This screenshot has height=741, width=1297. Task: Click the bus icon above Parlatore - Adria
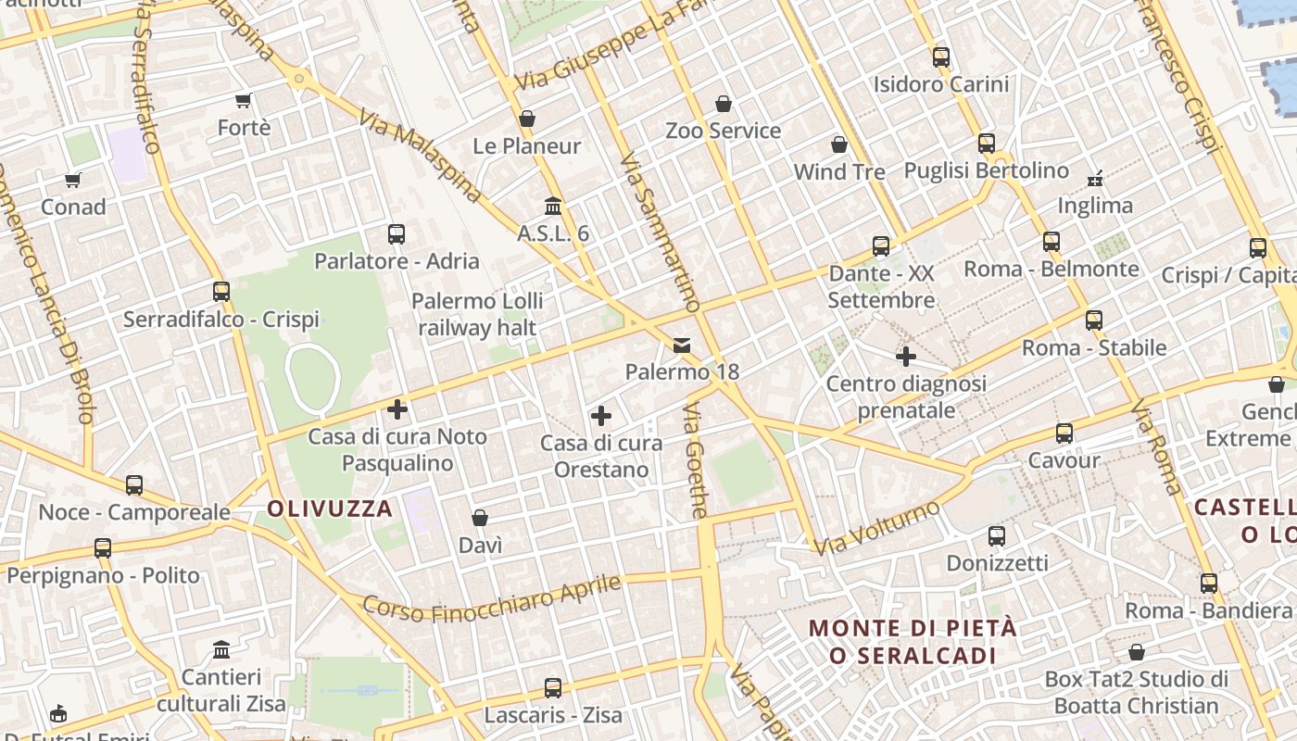(397, 233)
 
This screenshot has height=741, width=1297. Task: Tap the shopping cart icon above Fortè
(244, 100)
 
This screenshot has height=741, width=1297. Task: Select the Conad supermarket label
(73, 207)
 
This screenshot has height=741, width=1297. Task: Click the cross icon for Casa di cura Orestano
(601, 416)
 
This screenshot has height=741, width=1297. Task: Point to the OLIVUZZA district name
(330, 509)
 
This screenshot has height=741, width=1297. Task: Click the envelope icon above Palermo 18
(682, 345)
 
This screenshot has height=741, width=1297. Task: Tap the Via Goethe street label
(696, 460)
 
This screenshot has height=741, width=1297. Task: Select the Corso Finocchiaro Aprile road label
(491, 597)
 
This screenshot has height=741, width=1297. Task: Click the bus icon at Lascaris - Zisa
(553, 687)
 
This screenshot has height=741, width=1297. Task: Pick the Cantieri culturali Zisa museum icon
(221, 649)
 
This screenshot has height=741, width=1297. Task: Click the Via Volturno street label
(875, 528)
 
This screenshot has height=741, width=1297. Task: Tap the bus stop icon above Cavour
(1064, 433)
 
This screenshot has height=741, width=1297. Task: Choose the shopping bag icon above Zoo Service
(724, 104)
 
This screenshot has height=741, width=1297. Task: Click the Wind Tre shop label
(839, 172)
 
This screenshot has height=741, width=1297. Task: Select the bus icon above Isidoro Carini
(941, 57)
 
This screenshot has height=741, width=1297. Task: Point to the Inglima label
(1095, 206)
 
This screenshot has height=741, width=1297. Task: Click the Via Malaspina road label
(422, 157)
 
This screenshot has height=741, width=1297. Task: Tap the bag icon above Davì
(480, 517)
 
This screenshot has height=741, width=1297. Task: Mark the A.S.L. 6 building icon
(553, 206)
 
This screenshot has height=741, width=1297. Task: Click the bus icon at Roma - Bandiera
(1209, 583)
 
